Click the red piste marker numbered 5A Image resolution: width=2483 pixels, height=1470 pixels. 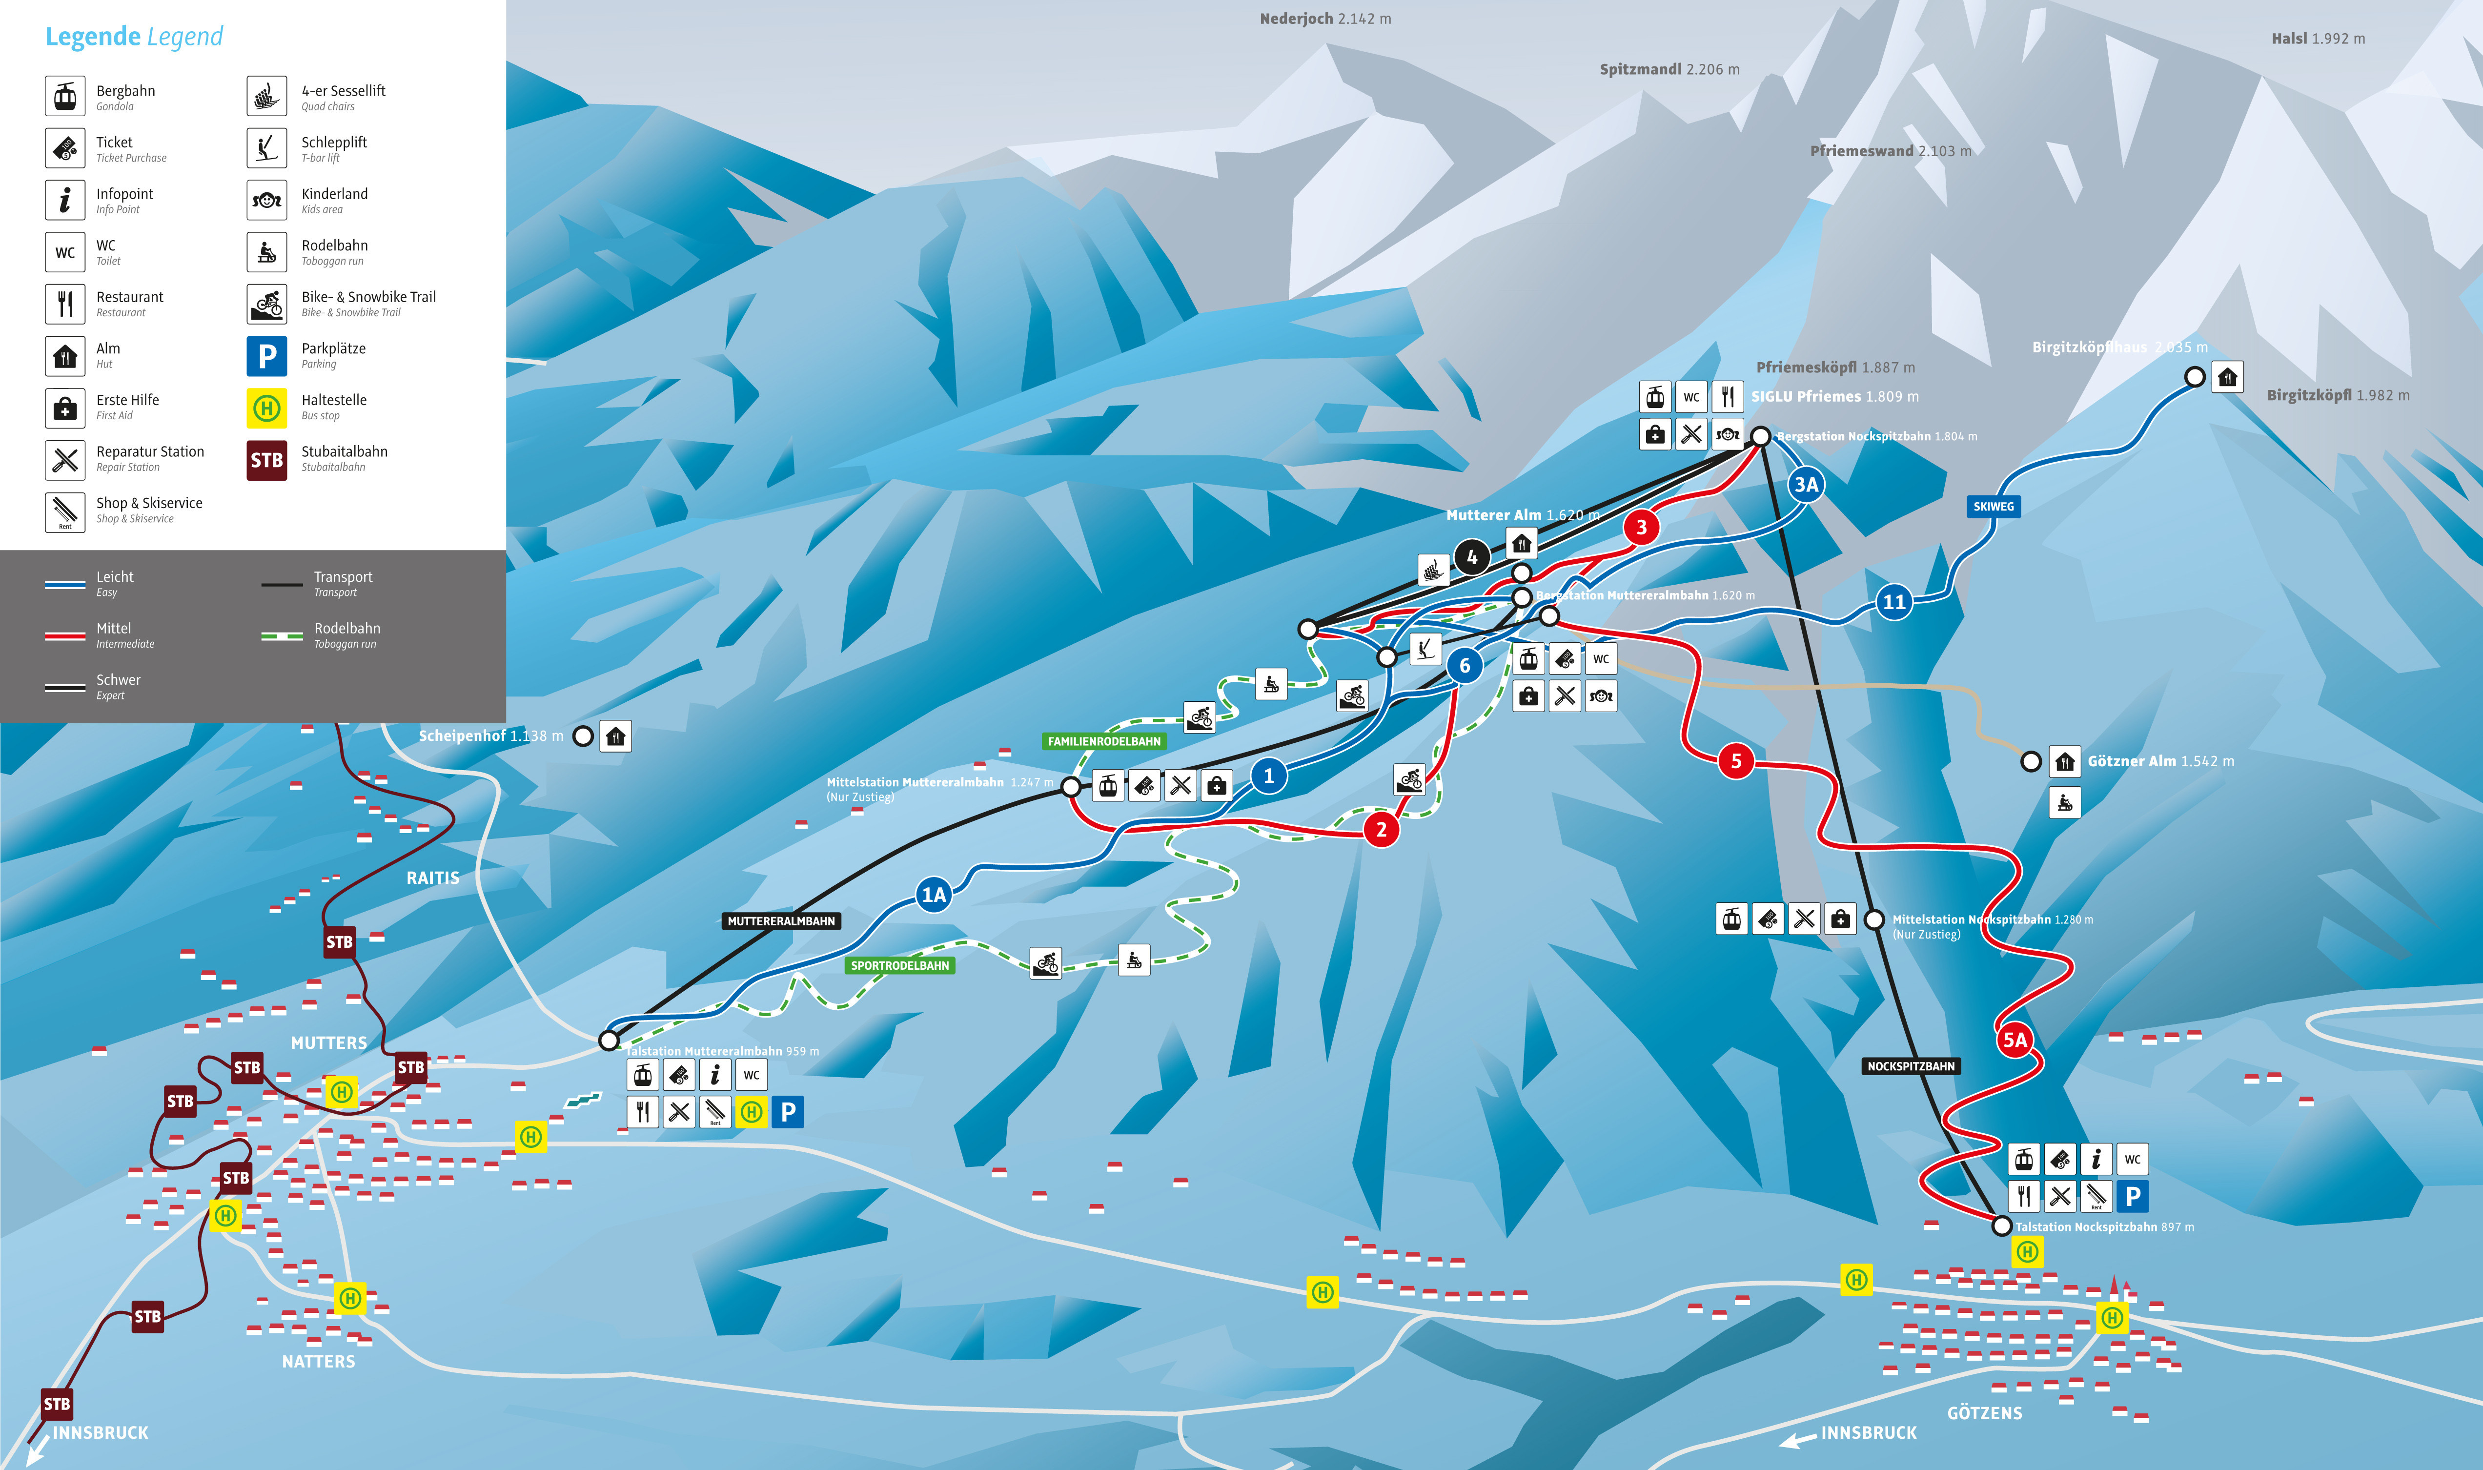(x=2015, y=1039)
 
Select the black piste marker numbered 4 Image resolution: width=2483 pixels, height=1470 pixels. (x=1472, y=557)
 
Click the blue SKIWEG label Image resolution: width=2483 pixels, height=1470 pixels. (x=1993, y=506)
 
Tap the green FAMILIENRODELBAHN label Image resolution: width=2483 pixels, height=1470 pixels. (x=1103, y=741)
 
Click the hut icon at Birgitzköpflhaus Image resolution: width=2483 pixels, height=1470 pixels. (x=2227, y=377)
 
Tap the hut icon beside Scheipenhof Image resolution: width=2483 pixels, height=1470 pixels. (x=615, y=736)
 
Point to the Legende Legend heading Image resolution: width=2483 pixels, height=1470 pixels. (x=134, y=37)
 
